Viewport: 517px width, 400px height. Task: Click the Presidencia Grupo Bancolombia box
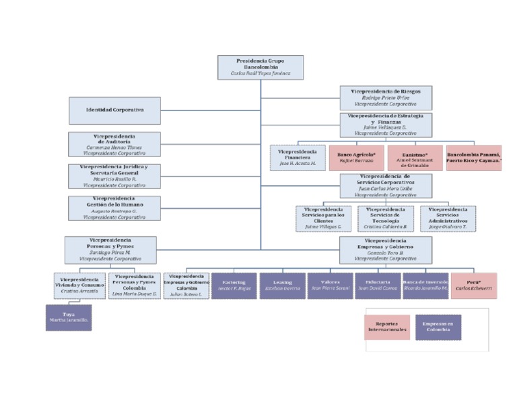pos(261,67)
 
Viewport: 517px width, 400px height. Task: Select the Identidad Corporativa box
pos(114,110)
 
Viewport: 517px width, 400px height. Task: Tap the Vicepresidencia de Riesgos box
pos(385,98)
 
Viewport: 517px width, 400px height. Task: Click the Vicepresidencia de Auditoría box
pos(114,144)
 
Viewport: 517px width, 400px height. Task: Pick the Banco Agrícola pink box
pos(355,158)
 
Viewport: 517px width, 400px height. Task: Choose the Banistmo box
pos(415,158)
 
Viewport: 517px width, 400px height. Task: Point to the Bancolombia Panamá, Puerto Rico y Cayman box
pos(474,158)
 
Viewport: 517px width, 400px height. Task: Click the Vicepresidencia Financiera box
pos(298,158)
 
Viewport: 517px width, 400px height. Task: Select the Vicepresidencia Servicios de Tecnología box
pos(385,218)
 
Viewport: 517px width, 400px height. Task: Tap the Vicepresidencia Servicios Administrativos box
pos(448,218)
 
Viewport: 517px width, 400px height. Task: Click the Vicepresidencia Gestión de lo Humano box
pos(114,208)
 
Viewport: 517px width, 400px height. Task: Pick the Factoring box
pos(234,286)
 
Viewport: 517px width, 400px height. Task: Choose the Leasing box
pos(282,286)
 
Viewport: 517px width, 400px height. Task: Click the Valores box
pos(330,286)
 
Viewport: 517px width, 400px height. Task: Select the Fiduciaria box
pos(377,286)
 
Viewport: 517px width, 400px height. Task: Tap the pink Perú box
pos(474,286)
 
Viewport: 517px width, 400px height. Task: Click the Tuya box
pos(68,318)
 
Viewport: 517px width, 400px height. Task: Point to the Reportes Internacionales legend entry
pos(387,327)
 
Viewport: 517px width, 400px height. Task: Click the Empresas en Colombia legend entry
pos(438,327)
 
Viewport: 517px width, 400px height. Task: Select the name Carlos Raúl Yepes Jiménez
pos(261,73)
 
